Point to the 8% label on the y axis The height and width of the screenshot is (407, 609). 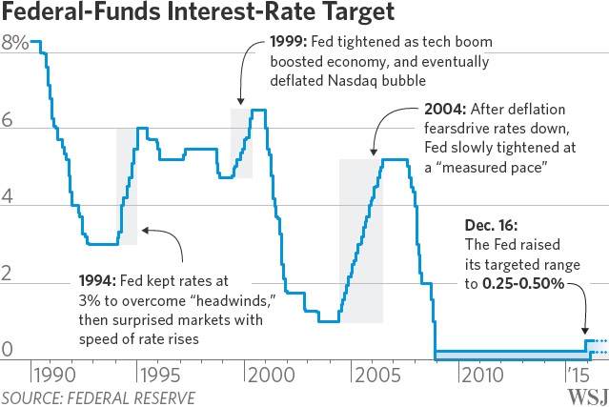click(14, 43)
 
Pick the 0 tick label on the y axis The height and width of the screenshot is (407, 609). click(9, 351)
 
